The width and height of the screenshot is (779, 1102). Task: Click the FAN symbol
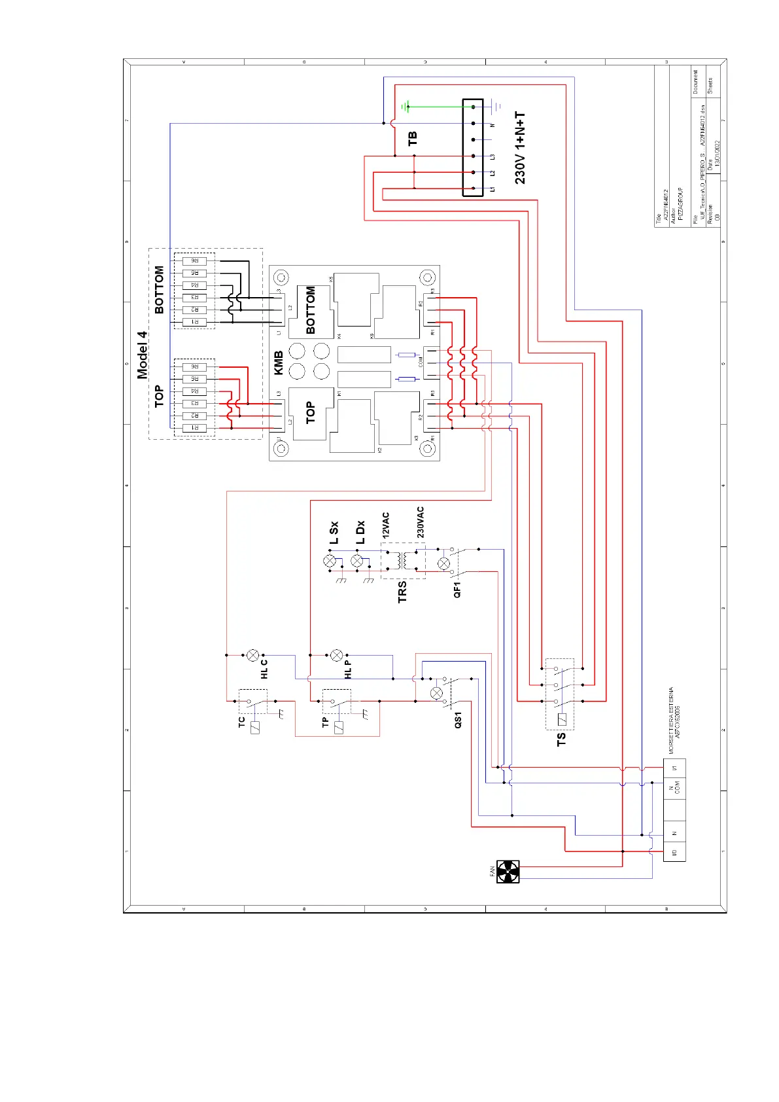coord(508,872)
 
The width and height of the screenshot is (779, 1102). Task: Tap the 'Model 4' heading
coord(143,355)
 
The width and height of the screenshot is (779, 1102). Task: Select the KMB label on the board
coord(279,363)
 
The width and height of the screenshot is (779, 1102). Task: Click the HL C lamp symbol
coord(253,655)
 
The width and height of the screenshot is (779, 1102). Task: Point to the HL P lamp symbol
coord(336,655)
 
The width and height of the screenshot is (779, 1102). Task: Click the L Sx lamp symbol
coord(330,561)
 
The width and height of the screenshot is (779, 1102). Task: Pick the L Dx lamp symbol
coord(357,561)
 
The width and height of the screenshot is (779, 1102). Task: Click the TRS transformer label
coord(402,591)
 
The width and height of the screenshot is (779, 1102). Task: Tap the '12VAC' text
coord(386,525)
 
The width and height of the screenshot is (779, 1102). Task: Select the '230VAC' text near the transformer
coord(421,522)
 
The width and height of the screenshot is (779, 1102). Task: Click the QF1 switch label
coord(457,589)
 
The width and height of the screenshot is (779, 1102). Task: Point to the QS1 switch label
coord(458,720)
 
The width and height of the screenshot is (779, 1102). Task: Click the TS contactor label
coord(561,739)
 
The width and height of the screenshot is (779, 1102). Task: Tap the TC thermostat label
coord(241,722)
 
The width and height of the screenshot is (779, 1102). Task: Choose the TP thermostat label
coord(325,722)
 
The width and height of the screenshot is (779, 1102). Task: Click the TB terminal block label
coord(413,139)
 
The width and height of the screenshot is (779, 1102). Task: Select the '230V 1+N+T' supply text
coord(520,148)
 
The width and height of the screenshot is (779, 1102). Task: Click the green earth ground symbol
coord(406,106)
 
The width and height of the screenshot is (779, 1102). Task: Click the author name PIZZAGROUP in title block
coord(680,204)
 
